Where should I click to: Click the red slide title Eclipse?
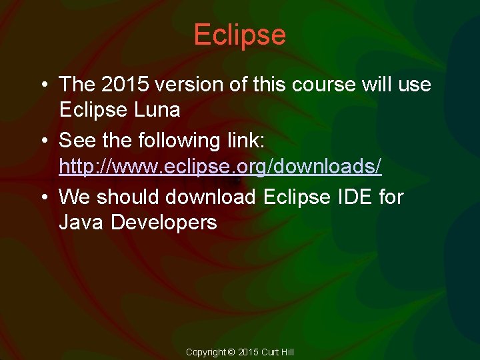tap(239, 35)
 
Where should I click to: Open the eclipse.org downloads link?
tap(220, 166)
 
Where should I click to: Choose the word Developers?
tap(164, 221)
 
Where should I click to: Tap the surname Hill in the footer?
tap(287, 352)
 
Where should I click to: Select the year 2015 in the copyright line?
tap(247, 352)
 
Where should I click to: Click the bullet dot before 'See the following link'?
tap(43, 141)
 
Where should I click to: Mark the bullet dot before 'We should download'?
tap(43, 197)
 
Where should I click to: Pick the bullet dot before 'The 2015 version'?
tap(43, 85)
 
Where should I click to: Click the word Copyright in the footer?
tap(206, 352)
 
